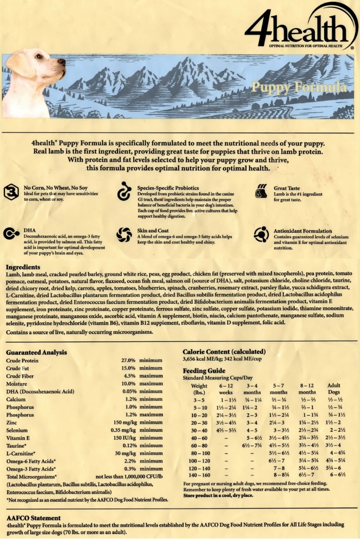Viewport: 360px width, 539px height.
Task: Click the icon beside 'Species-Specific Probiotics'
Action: pyautogui.click(x=123, y=192)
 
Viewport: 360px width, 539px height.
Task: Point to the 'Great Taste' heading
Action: pyautogui.click(x=287, y=188)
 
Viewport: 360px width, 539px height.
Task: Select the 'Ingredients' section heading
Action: pyautogui.click(x=23, y=267)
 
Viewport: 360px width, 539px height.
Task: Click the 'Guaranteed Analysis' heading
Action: pyautogui.click(x=36, y=353)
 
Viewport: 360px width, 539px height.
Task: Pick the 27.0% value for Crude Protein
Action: pyautogui.click(x=128, y=361)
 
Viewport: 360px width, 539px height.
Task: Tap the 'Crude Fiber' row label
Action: pyautogui.click(x=20, y=376)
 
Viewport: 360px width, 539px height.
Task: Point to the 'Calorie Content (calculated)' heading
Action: pyautogui.click(x=224, y=352)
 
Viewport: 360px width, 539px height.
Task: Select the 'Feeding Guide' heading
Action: pyautogui.click(x=204, y=371)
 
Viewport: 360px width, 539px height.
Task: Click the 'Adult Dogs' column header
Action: pyautogui.click(x=334, y=389)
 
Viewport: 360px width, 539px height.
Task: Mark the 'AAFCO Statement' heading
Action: pyautogui.click(x=33, y=518)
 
